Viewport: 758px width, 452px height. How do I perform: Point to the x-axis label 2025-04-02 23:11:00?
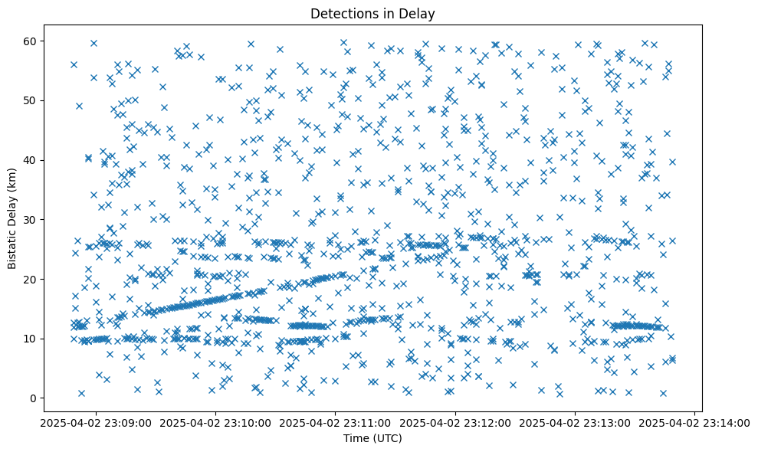(336, 422)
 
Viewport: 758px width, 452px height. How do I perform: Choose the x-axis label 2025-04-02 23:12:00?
(455, 422)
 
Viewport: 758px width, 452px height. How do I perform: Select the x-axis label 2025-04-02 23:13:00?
(575, 422)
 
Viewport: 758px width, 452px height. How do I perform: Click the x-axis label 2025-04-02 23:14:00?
(694, 422)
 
